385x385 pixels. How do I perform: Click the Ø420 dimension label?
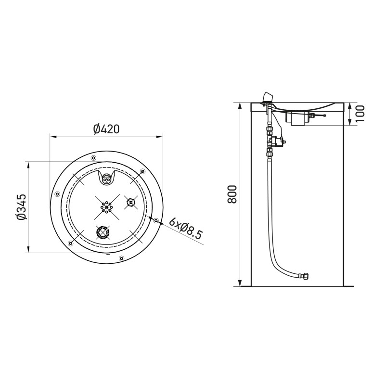click(106, 129)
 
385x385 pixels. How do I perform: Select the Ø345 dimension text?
click(21, 207)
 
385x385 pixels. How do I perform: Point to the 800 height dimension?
click(231, 194)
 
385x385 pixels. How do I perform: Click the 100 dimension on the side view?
click(360, 113)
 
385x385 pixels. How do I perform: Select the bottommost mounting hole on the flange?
click(121, 259)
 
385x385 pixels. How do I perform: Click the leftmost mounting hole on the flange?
click(57, 194)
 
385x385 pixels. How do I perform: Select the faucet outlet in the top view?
click(106, 179)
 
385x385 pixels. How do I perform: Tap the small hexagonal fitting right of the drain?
click(130, 202)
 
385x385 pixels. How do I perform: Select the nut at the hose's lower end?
click(304, 276)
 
